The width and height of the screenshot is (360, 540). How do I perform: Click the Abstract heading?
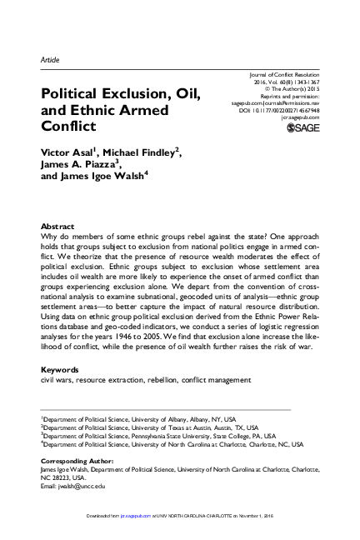click(x=57, y=227)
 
